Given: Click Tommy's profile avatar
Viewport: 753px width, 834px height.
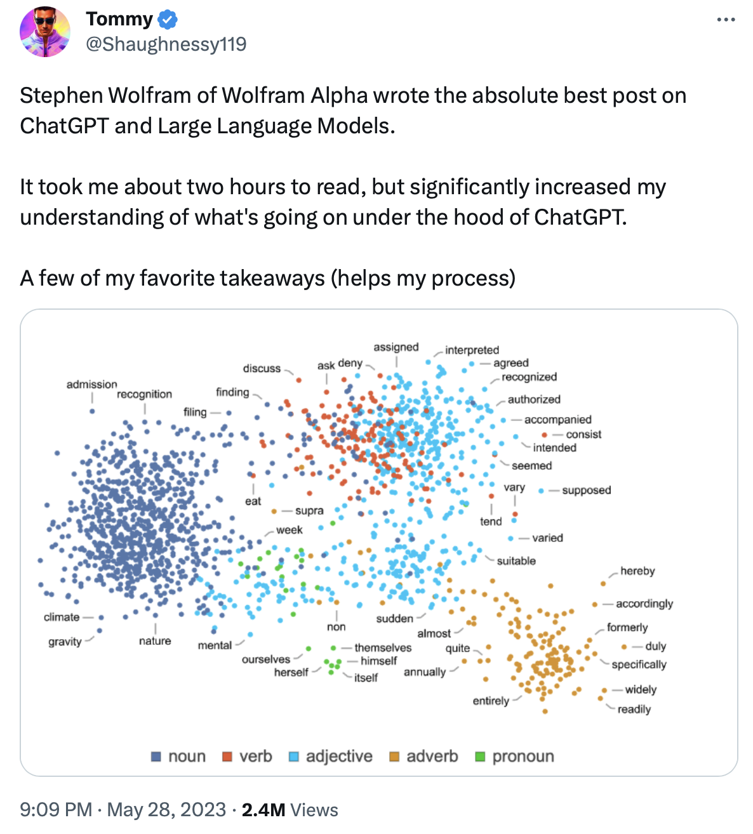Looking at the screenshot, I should pos(45,32).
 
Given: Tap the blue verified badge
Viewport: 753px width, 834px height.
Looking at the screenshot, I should pos(168,20).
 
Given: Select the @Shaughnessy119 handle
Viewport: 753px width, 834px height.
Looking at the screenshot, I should pos(166,44).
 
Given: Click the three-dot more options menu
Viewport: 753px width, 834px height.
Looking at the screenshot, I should pos(726,20).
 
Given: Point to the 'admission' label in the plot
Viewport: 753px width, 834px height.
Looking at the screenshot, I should pos(91,384).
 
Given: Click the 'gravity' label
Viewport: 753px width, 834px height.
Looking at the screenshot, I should pos(65,642).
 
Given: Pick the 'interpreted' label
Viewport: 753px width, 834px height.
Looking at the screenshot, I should pos(472,350).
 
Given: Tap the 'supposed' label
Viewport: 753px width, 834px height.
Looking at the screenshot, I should pos(586,490).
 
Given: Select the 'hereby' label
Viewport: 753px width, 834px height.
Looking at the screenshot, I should pos(637,571).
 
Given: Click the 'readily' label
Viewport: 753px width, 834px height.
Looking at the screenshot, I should pos(634,709).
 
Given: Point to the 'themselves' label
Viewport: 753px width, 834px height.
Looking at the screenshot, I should pos(383,647).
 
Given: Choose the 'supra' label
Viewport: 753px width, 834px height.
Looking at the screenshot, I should pos(309,510).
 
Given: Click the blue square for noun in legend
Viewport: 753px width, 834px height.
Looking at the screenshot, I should pos(156,757).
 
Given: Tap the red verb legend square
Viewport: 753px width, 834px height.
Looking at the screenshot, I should pos(227,757).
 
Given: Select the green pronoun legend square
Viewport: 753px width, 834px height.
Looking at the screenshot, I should pos(480,757).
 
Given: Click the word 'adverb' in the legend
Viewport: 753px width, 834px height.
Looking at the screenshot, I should pos(432,757).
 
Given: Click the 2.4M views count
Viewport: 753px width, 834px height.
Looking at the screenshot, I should pos(263,810).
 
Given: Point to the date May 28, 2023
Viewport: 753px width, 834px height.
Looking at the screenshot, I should pos(166,810).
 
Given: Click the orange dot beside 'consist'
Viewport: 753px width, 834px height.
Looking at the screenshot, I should pos(545,435).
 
